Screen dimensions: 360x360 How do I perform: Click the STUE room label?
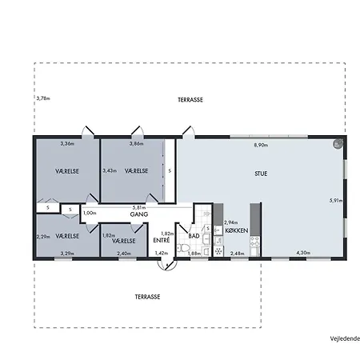pyautogui.click(x=261, y=174)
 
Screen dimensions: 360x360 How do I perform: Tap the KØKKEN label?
pyautogui.click(x=237, y=230)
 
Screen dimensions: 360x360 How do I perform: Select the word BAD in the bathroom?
pyautogui.click(x=194, y=236)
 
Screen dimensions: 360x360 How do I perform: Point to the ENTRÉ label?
pyautogui.click(x=162, y=240)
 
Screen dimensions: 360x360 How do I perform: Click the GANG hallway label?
pyautogui.click(x=139, y=214)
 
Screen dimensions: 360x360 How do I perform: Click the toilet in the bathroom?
pyautogui.click(x=183, y=248)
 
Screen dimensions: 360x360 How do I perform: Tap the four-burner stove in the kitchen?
pyautogui.click(x=254, y=241)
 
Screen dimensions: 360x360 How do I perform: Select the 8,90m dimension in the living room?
pyautogui.click(x=261, y=146)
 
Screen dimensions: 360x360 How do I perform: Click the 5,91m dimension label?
pyautogui.click(x=336, y=201)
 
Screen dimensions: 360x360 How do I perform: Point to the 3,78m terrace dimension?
pyautogui.click(x=43, y=98)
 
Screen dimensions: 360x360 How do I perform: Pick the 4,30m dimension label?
pyautogui.click(x=303, y=253)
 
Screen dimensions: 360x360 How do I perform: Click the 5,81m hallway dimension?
pyautogui.click(x=139, y=207)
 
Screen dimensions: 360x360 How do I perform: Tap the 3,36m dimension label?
pyautogui.click(x=67, y=144)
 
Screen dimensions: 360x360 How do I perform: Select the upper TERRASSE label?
pyautogui.click(x=190, y=100)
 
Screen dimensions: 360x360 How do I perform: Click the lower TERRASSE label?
pyautogui.click(x=147, y=297)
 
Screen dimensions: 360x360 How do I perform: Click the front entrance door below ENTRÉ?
pyautogui.click(x=167, y=265)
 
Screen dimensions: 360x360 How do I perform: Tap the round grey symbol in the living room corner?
pyautogui.click(x=338, y=144)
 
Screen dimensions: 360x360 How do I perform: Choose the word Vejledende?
pyautogui.click(x=345, y=338)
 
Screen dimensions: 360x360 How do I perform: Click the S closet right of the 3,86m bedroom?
pyautogui.click(x=170, y=171)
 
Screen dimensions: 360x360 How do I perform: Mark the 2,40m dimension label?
pyautogui.click(x=124, y=254)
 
